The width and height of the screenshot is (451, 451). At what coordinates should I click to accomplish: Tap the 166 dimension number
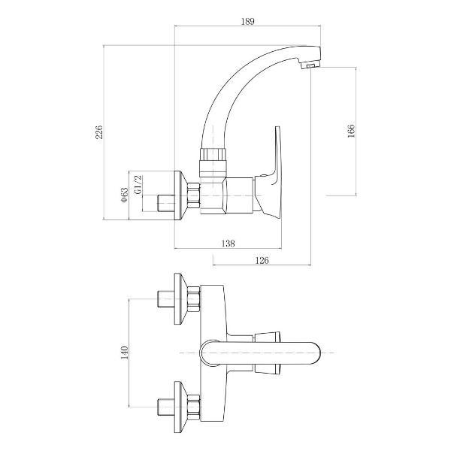[x=350, y=132]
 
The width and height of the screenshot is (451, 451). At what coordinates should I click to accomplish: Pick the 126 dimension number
[x=262, y=260]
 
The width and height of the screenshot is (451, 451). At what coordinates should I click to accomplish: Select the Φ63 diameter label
[x=123, y=196]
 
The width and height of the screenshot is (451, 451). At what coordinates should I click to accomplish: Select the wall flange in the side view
[x=180, y=198]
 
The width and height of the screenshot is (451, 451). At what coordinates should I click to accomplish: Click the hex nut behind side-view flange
[x=193, y=198]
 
